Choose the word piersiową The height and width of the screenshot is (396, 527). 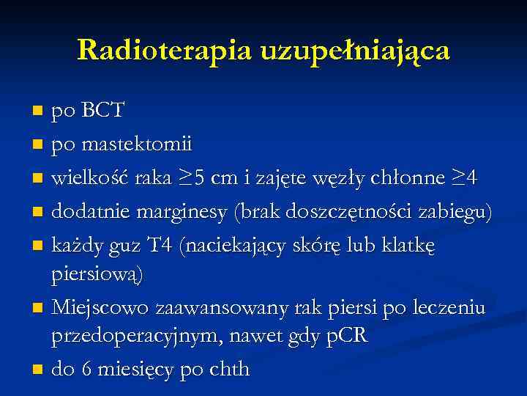[98, 275]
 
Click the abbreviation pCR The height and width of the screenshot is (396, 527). [345, 337]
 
